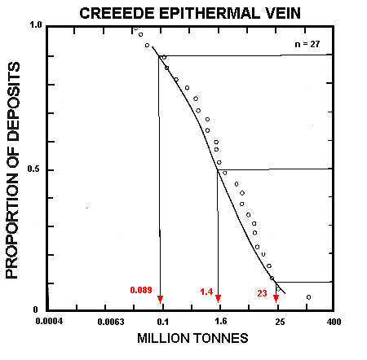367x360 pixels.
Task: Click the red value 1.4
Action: click(206, 290)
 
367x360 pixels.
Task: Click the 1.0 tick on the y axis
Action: click(36, 26)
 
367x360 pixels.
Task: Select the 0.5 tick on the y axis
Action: click(36, 169)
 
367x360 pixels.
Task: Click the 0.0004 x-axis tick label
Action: click(50, 322)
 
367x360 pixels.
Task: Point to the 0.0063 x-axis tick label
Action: click(106, 322)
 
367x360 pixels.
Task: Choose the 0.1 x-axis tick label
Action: click(162, 322)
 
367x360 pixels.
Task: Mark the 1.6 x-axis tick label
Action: click(219, 322)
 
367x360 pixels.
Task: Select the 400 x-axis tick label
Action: click(333, 322)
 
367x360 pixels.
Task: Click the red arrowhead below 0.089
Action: click(161, 299)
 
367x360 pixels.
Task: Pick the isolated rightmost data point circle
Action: click(308, 297)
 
